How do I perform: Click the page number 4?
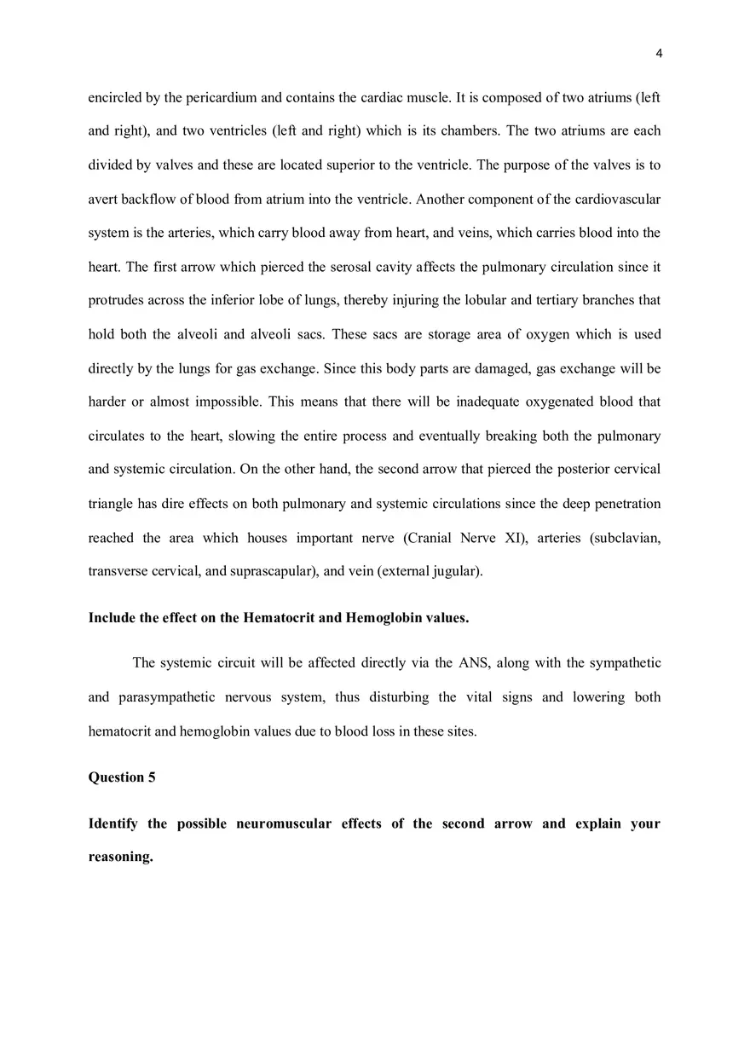[659, 54]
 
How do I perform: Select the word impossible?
[225, 402]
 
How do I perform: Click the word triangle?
[111, 503]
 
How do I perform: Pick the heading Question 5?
[122, 777]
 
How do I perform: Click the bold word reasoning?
[120, 857]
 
